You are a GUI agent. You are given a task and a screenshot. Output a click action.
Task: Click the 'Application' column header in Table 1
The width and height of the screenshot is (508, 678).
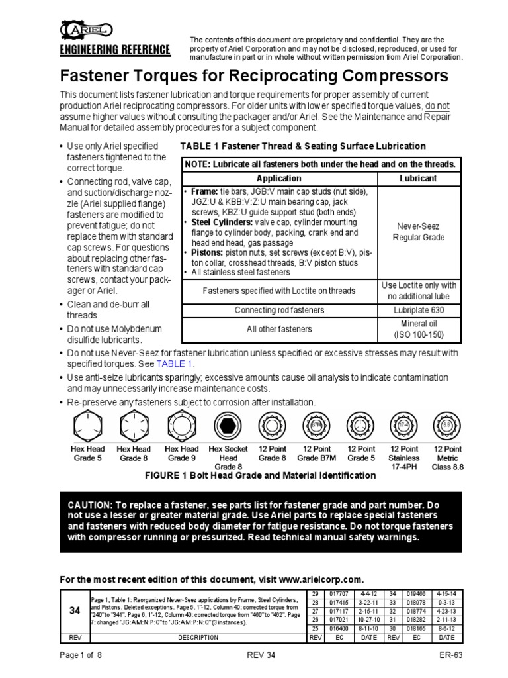tap(279, 178)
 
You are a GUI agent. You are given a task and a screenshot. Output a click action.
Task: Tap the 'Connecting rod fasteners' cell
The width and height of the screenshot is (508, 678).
tap(279, 310)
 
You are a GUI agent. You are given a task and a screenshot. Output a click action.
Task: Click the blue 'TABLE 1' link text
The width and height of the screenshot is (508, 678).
tap(175, 364)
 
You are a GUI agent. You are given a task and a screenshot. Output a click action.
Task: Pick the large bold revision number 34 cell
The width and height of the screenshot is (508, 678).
tap(74, 612)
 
